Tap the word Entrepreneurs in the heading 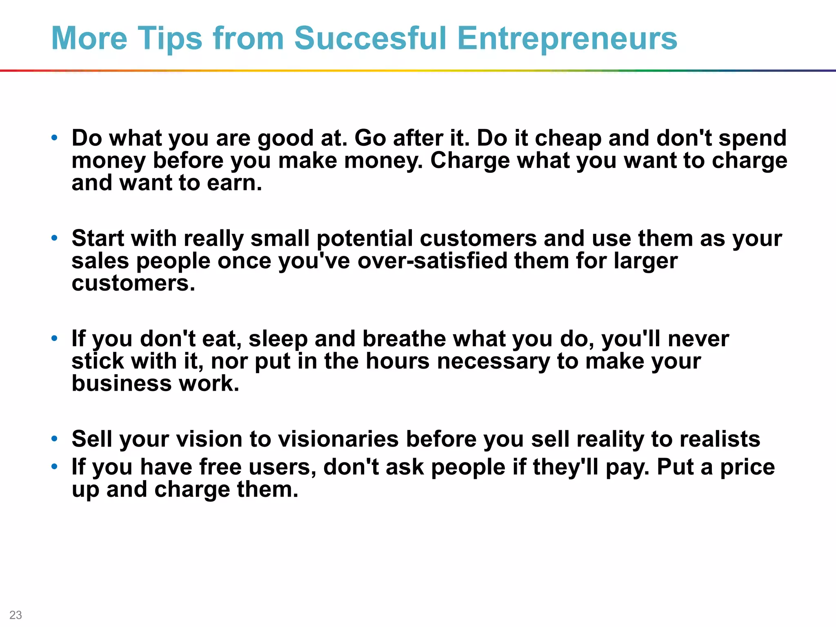(x=567, y=38)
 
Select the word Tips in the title (x=170, y=38)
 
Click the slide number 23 (x=16, y=615)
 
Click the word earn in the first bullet (x=234, y=182)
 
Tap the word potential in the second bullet (x=365, y=238)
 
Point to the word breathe (x=404, y=339)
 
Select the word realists (x=719, y=439)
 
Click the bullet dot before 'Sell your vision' (x=54, y=439)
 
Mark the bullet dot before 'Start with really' (x=54, y=238)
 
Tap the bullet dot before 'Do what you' (x=54, y=138)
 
